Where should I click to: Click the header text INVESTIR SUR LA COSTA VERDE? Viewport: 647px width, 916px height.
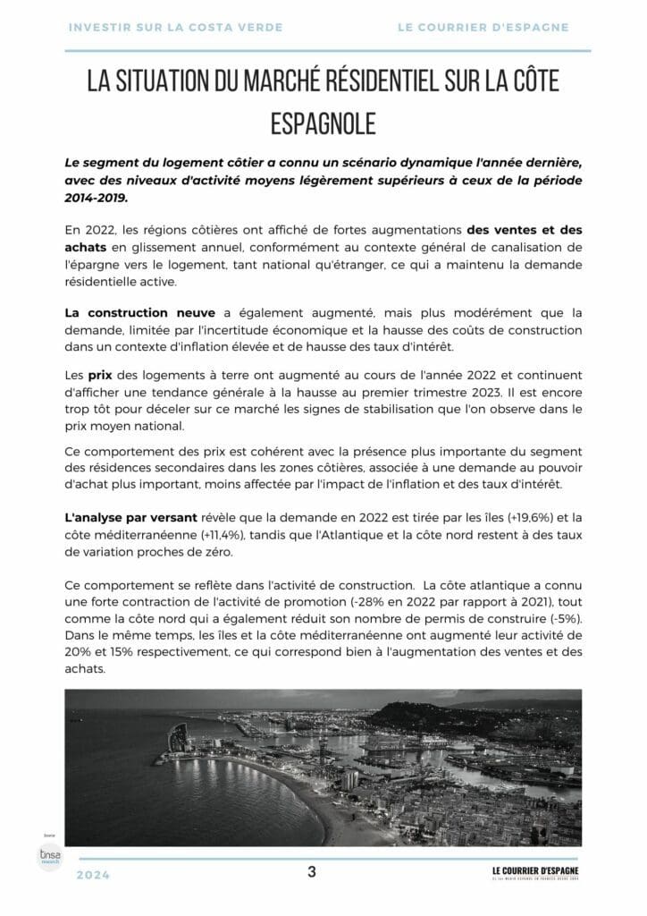tap(175, 28)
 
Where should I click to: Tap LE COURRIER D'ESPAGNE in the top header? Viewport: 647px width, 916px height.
tap(483, 28)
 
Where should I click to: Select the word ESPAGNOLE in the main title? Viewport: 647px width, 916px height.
tap(323, 123)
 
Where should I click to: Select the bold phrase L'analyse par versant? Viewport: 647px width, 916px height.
tap(124, 517)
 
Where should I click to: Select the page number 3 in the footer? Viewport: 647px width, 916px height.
tap(311, 872)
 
